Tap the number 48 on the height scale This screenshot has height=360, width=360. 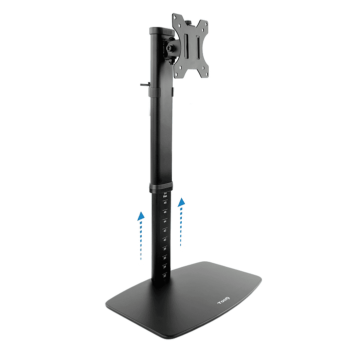(165, 203)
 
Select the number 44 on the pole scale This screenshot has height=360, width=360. (165, 221)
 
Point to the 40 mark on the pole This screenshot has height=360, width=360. (165, 239)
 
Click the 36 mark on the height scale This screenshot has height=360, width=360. (165, 257)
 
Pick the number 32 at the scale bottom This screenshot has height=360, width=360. (165, 275)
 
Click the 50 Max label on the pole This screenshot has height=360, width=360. (165, 194)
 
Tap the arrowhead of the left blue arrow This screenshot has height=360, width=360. (142, 216)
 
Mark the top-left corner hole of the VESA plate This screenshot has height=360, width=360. (176, 19)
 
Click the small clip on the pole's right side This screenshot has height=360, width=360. (172, 92)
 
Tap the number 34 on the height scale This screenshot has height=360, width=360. (165, 266)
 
